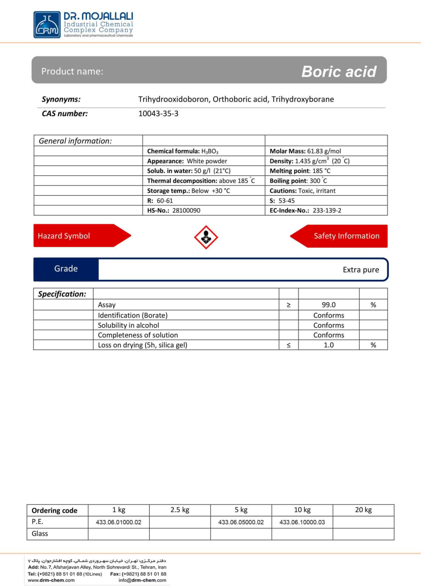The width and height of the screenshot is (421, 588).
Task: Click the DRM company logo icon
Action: tap(47, 25)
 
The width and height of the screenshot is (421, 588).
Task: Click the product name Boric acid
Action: tap(339, 71)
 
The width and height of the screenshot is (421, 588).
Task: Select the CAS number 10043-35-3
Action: tap(158, 113)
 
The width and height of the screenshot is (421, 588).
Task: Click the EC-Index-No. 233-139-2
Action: tap(327, 210)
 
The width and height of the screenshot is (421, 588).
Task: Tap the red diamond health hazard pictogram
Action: tap(206, 237)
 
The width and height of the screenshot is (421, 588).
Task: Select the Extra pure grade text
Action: tap(361, 270)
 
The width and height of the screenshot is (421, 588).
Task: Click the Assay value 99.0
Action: tap(329, 305)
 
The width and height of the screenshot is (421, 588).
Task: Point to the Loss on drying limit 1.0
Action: tap(329, 345)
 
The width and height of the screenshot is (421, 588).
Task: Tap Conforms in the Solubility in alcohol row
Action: tap(329, 325)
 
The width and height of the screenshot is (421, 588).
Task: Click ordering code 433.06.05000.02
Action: tap(241, 522)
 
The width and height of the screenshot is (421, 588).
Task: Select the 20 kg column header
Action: tap(363, 510)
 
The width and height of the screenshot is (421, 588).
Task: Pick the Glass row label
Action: tap(40, 534)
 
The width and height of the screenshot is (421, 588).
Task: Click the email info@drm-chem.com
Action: tap(142, 580)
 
